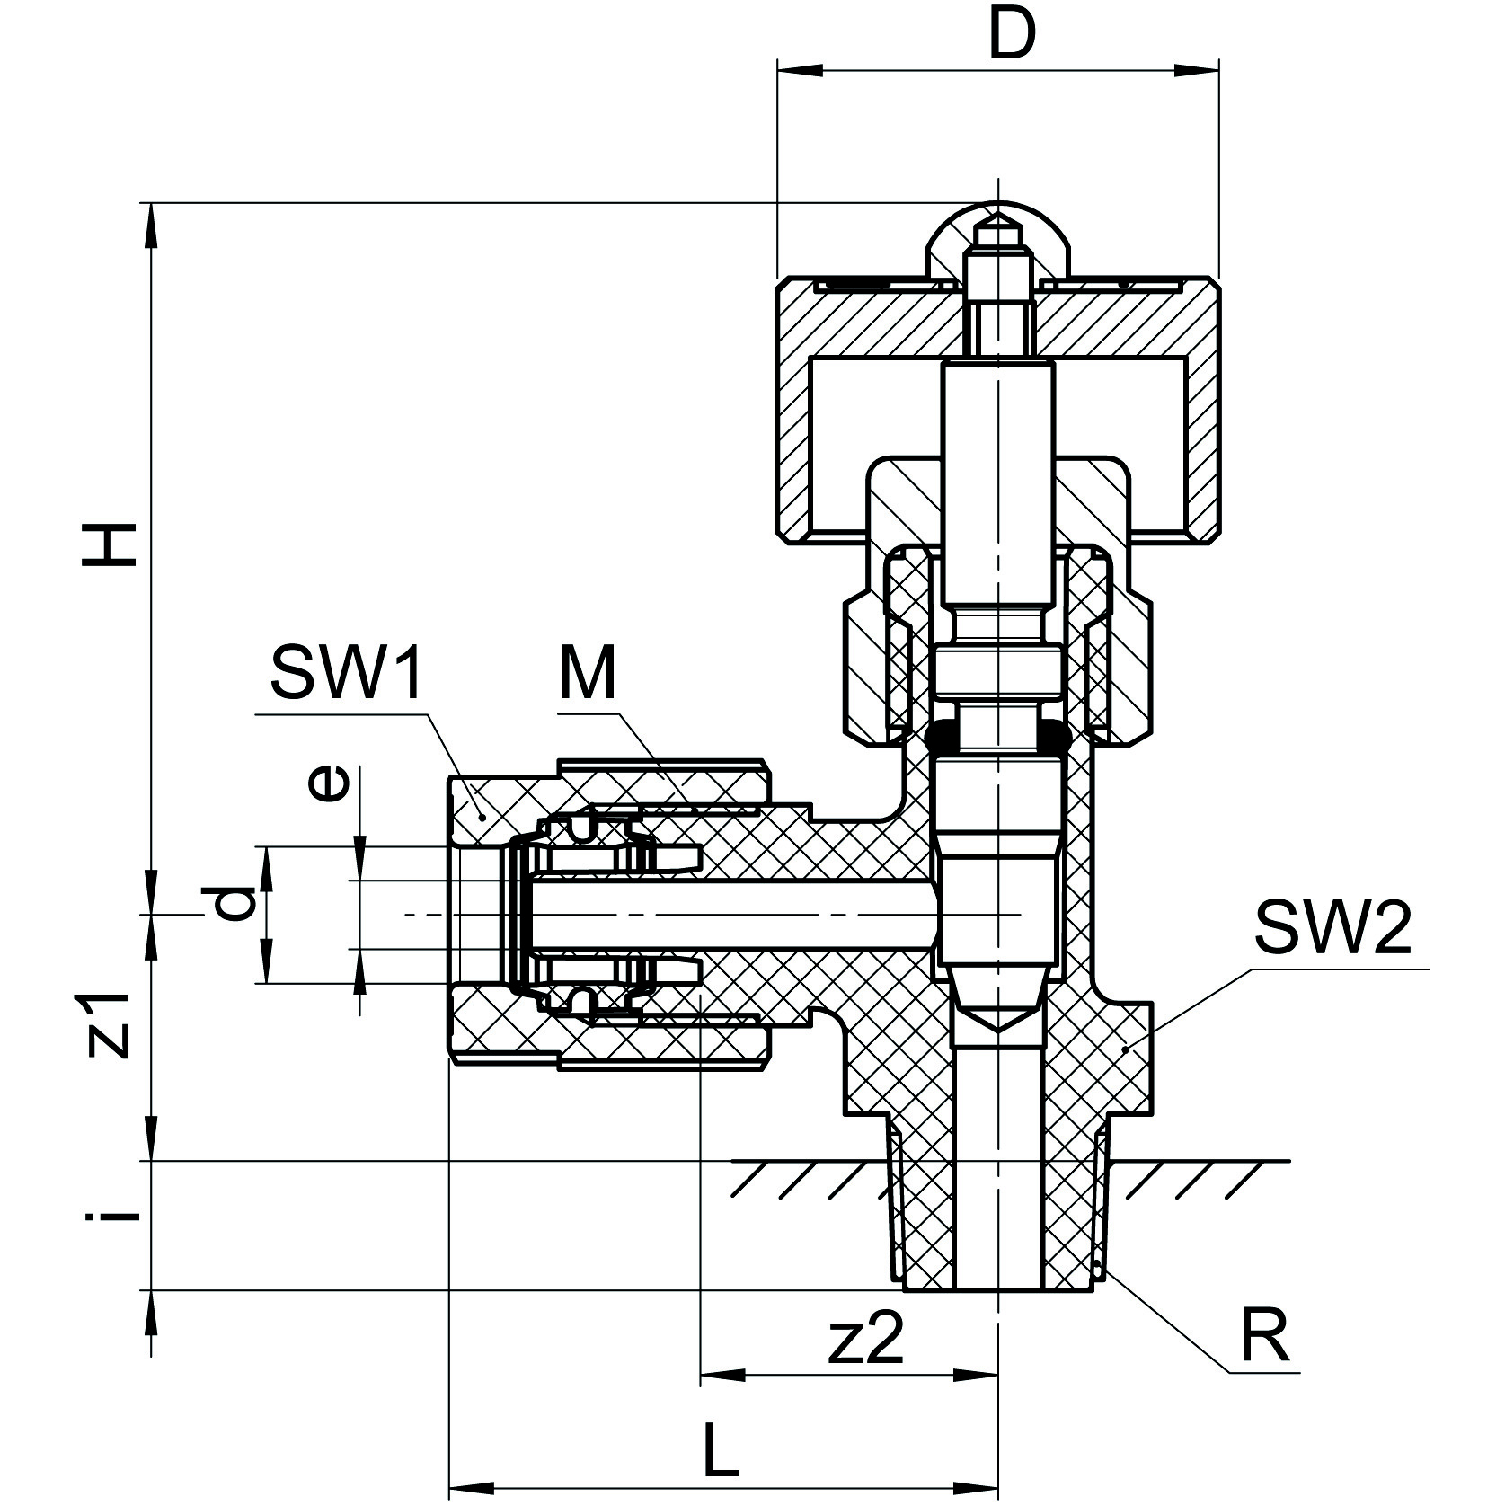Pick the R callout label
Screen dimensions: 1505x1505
pos(1264,1336)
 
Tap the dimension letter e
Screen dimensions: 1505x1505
pos(326,783)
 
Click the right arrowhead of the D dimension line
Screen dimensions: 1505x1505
pos(1201,69)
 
